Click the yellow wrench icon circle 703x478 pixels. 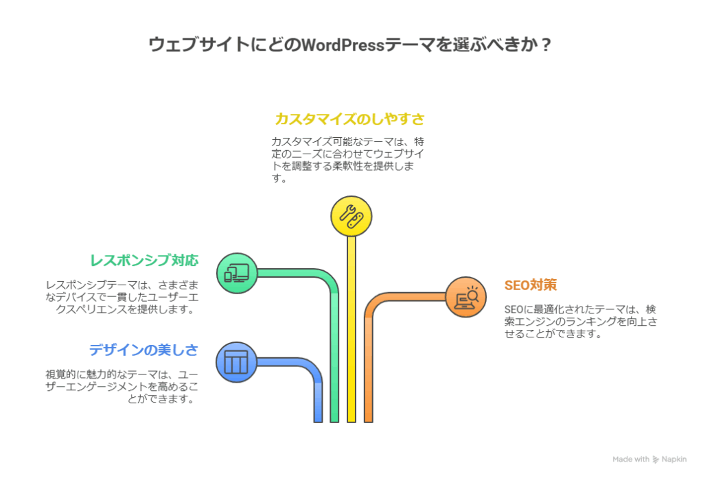point(351,216)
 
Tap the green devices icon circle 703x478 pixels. point(237,274)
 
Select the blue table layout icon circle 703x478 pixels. point(236,361)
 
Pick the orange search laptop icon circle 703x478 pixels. point(465,297)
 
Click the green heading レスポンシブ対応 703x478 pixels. point(144,261)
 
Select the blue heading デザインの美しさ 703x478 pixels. point(143,350)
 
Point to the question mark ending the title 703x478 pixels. point(545,45)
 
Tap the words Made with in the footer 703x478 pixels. point(630,459)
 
